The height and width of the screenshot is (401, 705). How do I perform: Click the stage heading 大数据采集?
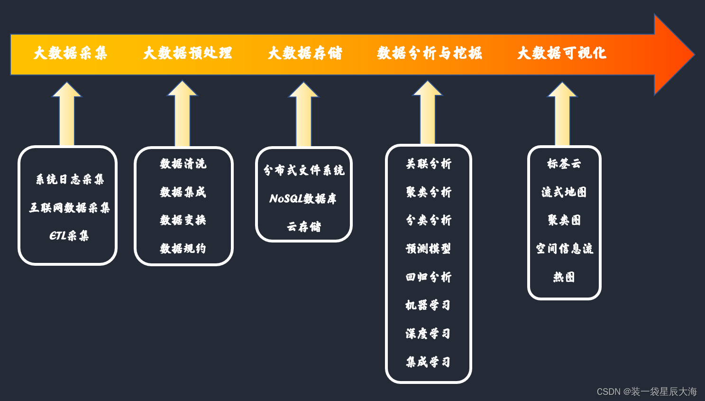(x=70, y=53)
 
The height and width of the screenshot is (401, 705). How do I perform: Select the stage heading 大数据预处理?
(x=188, y=53)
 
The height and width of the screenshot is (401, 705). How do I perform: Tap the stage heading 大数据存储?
(x=305, y=53)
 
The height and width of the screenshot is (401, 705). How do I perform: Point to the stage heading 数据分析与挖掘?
(x=430, y=53)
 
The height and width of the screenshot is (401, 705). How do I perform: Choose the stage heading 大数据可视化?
(x=562, y=53)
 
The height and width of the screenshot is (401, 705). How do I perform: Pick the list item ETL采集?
(x=69, y=236)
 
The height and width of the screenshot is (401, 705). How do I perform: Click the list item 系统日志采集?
(x=70, y=179)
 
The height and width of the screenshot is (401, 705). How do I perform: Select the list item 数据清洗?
(x=183, y=164)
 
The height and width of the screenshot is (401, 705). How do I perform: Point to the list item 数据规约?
(x=183, y=249)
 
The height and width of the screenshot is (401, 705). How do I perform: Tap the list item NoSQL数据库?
(x=303, y=198)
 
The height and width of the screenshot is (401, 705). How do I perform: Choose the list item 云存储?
(x=304, y=227)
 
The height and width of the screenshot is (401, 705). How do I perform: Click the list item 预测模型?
(x=428, y=249)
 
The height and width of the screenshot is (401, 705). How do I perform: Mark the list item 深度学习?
(x=428, y=334)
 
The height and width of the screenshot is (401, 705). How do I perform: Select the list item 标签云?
(x=564, y=164)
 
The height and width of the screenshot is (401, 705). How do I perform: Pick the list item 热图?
(x=564, y=277)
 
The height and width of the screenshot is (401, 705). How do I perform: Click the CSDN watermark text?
(x=647, y=392)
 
